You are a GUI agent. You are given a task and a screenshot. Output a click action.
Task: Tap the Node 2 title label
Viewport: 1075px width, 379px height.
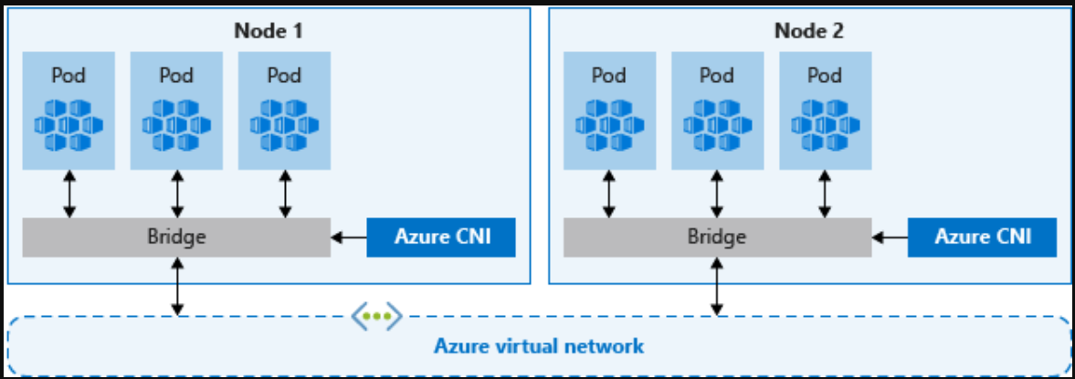(809, 30)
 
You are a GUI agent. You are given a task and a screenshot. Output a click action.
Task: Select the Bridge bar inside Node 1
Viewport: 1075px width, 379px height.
(176, 237)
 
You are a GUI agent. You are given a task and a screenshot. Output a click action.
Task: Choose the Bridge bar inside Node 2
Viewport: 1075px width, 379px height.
(717, 237)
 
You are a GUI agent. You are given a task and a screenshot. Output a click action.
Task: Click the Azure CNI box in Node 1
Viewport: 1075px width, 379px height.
(442, 237)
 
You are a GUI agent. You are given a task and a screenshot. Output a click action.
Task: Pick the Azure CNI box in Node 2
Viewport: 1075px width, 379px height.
(983, 237)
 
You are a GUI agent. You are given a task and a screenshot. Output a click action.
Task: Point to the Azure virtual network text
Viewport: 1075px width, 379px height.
(538, 347)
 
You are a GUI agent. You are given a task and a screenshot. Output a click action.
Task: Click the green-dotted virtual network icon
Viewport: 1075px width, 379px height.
(376, 316)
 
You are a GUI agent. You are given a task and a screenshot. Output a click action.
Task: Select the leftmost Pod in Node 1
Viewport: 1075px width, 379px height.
(69, 110)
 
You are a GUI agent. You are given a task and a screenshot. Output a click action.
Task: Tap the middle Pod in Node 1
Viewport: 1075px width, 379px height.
(176, 110)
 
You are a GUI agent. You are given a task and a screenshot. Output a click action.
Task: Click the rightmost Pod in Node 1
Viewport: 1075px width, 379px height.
(284, 110)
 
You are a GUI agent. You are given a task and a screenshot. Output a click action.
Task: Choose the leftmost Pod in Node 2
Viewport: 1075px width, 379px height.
(609, 110)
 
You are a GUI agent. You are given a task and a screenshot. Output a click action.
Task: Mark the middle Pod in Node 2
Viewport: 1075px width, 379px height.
(717, 110)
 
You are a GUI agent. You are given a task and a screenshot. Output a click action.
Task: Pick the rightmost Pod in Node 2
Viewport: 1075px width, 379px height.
(825, 110)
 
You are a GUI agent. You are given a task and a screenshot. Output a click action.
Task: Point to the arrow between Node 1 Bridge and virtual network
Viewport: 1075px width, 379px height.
(177, 287)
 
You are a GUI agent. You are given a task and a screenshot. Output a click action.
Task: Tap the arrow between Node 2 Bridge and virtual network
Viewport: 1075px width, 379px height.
(718, 287)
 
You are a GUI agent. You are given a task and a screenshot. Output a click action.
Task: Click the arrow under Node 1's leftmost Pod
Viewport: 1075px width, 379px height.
(69, 194)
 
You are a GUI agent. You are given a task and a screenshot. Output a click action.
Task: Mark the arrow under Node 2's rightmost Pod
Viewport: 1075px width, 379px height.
(826, 194)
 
